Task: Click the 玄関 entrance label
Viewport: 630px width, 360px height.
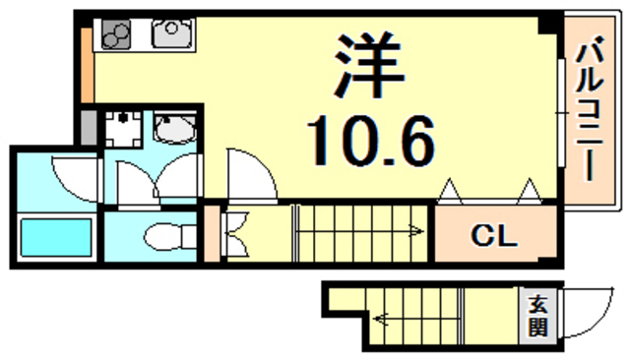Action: pyautogui.click(x=538, y=316)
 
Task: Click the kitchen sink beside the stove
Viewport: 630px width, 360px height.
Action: pyautogui.click(x=173, y=35)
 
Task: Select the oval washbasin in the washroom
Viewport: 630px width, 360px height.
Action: pyautogui.click(x=177, y=130)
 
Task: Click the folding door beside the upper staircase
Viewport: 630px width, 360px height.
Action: pyautogui.click(x=236, y=232)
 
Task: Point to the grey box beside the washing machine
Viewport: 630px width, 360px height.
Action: pyautogui.click(x=89, y=127)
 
